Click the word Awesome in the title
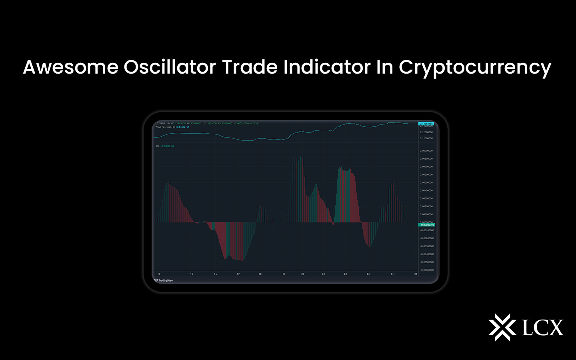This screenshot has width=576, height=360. tap(71, 67)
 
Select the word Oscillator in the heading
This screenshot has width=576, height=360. tap(170, 67)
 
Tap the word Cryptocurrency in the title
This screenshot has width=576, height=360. tap(475, 68)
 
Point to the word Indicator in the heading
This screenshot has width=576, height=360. tap(327, 67)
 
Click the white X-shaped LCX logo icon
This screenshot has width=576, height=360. tap(502, 327)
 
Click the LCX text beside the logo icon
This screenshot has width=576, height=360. tap(543, 328)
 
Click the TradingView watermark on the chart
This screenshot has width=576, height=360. tap(164, 280)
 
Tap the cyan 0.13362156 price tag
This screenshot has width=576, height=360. tap(426, 124)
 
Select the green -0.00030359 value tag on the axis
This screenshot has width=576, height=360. tap(427, 225)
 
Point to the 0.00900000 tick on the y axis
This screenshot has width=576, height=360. tap(426, 151)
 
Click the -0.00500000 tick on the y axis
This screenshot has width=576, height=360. tap(427, 262)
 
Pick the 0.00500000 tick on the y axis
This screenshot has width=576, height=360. tap(426, 182)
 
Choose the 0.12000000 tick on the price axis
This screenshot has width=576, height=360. tap(426, 132)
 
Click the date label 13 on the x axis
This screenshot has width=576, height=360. tap(159, 274)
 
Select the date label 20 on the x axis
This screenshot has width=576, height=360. tap(303, 274)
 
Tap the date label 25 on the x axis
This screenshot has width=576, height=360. tap(416, 274)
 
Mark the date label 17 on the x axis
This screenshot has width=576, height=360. tap(238, 274)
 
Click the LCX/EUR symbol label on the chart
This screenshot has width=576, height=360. tap(160, 123)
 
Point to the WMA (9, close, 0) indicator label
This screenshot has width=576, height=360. tap(165, 127)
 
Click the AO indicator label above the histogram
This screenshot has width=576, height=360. tap(157, 146)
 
